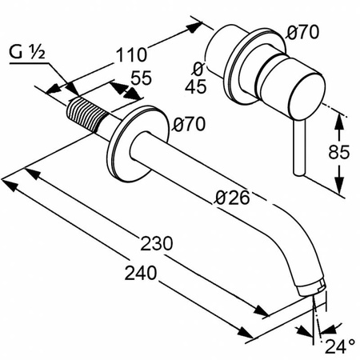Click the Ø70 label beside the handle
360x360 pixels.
click(x=302, y=34)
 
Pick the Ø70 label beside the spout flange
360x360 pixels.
click(x=190, y=124)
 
